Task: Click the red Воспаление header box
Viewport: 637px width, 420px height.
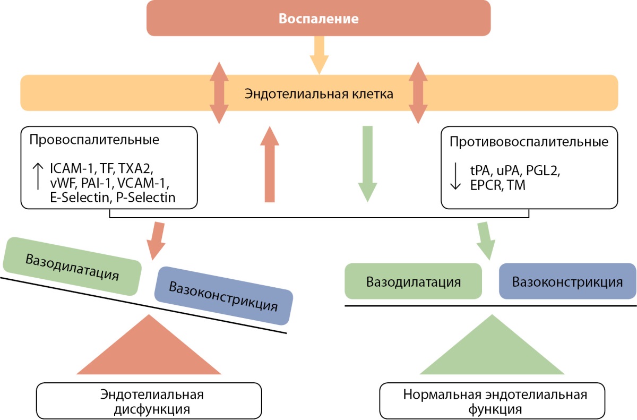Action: [318, 18]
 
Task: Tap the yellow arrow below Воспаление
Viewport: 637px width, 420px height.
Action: [319, 55]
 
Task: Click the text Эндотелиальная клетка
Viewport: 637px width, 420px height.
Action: [319, 94]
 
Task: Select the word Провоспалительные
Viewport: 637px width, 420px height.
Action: [94, 140]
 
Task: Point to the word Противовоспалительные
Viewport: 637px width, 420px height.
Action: [529, 142]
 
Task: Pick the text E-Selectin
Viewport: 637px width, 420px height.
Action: [79, 198]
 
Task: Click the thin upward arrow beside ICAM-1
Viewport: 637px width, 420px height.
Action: [38, 176]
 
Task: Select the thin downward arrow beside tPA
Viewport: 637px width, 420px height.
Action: [455, 176]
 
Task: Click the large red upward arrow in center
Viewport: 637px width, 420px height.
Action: [270, 165]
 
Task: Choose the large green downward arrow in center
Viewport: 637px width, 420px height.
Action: [367, 165]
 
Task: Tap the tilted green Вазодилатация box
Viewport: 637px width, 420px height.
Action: [72, 266]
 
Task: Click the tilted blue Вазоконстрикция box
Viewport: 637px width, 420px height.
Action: [223, 296]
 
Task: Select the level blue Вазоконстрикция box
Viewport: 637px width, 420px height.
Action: [567, 281]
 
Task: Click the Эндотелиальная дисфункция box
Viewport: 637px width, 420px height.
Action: [149, 401]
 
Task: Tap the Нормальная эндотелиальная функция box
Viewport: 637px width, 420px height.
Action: [492, 401]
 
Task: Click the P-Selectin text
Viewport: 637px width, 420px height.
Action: [146, 198]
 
